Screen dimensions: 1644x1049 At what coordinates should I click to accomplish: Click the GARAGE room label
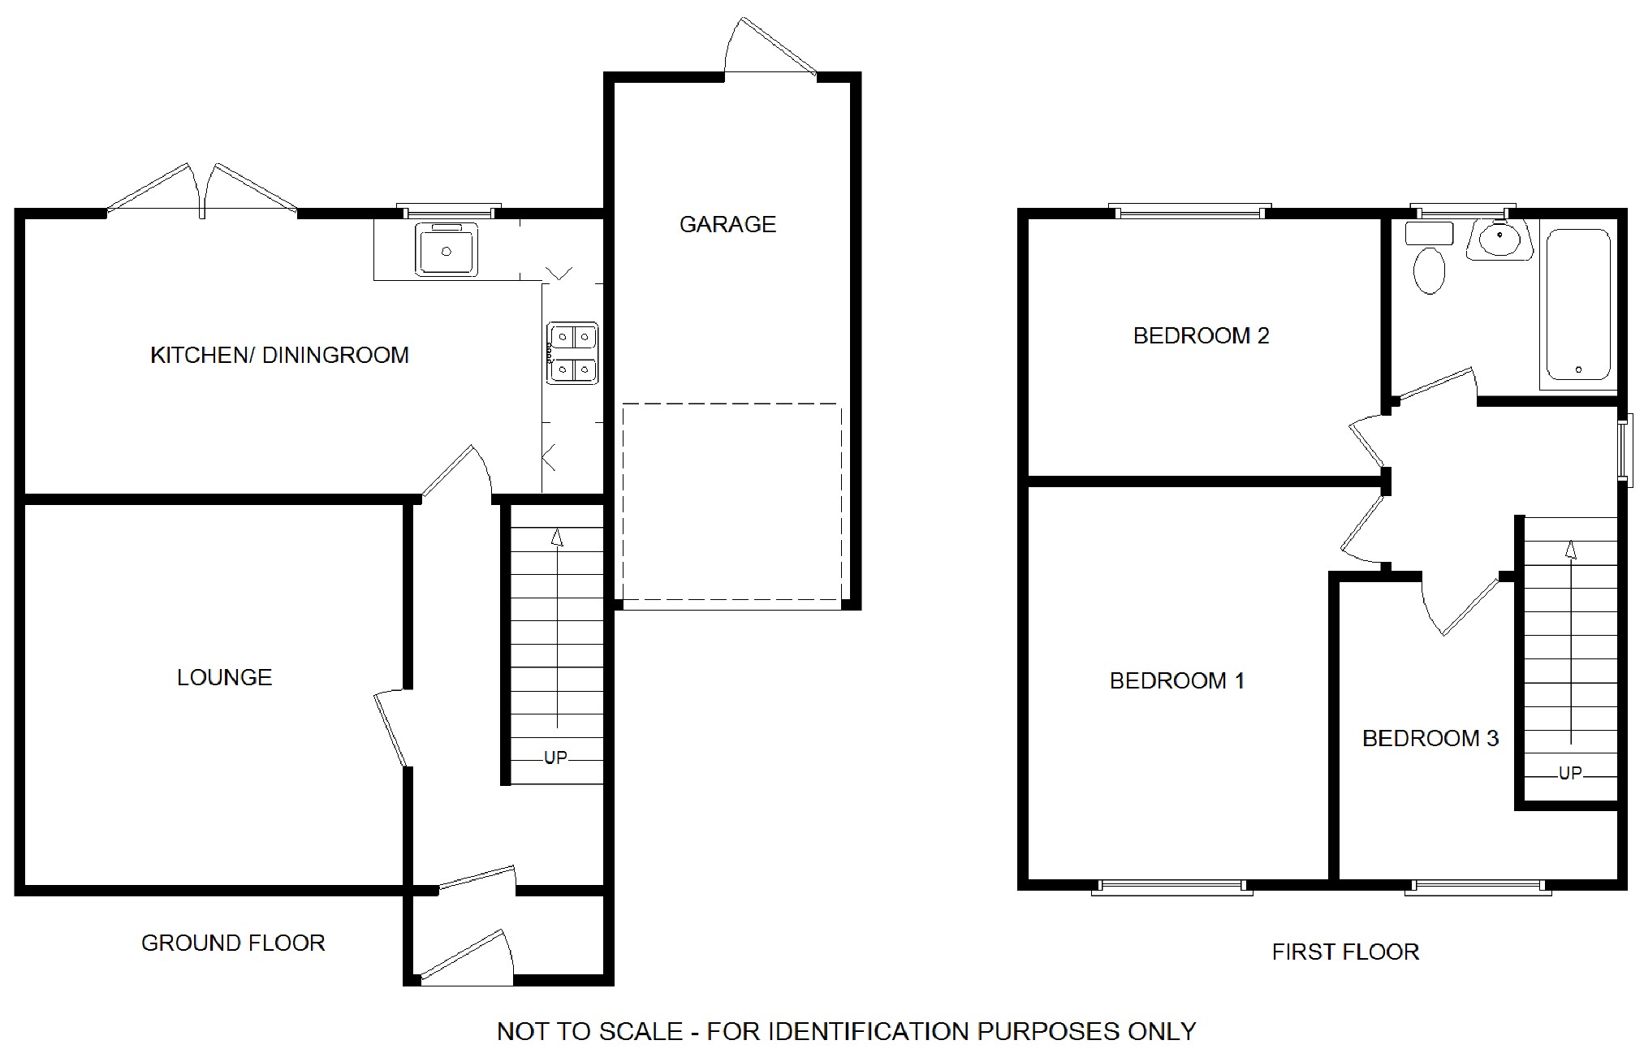tap(727, 224)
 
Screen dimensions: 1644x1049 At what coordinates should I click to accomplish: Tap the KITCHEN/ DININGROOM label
tap(279, 355)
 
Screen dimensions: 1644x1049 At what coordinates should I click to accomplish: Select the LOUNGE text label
tap(224, 677)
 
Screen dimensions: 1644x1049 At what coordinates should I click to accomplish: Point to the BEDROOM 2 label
tap(1201, 335)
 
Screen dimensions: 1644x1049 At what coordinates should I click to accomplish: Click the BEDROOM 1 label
tap(1177, 680)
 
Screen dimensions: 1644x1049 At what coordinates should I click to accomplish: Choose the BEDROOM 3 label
tap(1430, 738)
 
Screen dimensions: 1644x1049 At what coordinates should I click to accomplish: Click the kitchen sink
tap(447, 248)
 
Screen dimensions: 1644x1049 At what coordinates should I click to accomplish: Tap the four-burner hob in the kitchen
tap(572, 353)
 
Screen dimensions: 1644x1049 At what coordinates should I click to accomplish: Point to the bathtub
tap(1578, 305)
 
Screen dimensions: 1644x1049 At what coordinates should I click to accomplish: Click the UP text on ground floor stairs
tap(555, 758)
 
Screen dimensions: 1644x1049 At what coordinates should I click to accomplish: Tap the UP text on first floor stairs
tap(1570, 773)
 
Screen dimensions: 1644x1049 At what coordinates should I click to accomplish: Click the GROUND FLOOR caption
tap(233, 943)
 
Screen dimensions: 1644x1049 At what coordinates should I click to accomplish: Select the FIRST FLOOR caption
tap(1345, 952)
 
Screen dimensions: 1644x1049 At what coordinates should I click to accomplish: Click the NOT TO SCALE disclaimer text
tap(846, 1031)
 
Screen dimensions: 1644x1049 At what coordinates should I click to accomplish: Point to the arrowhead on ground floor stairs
tap(557, 537)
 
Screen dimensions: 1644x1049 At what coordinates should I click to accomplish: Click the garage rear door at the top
tap(770, 47)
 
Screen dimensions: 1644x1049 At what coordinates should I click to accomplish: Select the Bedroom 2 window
tap(1190, 211)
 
